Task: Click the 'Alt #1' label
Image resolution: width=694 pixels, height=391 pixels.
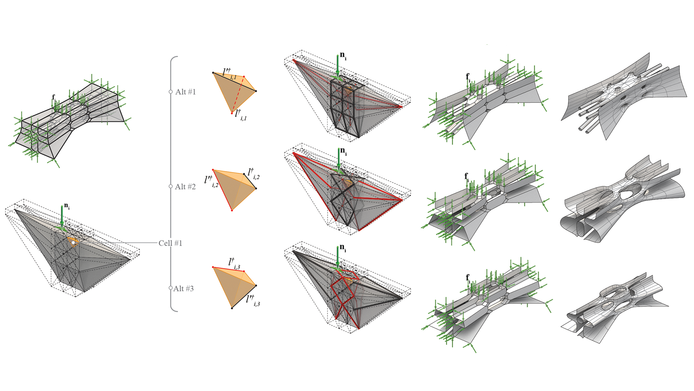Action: coord(185,92)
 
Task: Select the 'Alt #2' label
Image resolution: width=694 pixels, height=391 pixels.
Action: coord(185,187)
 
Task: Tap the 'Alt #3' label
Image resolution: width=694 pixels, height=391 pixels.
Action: coord(183,289)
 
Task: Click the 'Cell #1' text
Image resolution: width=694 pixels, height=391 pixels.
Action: coord(170,243)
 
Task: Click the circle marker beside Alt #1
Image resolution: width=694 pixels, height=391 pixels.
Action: coord(171,92)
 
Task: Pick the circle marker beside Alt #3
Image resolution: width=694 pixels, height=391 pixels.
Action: coord(171,288)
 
